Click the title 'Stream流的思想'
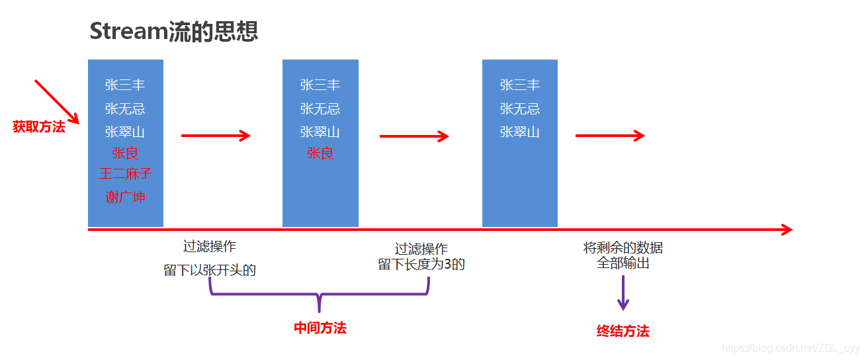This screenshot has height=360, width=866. pyautogui.click(x=173, y=30)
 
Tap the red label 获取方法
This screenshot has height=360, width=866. pyautogui.click(x=39, y=127)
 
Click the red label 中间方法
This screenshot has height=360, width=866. pyautogui.click(x=320, y=328)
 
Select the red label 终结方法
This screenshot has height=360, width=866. pyautogui.click(x=623, y=331)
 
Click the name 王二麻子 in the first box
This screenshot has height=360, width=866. pyautogui.click(x=125, y=174)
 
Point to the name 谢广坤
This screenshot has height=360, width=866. pyautogui.click(x=125, y=197)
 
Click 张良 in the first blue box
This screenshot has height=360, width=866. pyautogui.click(x=125, y=154)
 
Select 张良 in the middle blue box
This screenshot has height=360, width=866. pyautogui.click(x=320, y=154)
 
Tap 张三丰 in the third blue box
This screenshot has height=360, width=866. pyautogui.click(x=519, y=85)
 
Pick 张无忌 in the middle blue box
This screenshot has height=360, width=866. pyautogui.click(x=320, y=109)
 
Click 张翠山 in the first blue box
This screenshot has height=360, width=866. pyautogui.click(x=125, y=132)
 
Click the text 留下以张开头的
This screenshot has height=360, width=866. pyautogui.click(x=210, y=270)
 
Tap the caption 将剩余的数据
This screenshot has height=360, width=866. pyautogui.click(x=623, y=248)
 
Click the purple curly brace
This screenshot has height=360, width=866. pyautogui.click(x=320, y=295)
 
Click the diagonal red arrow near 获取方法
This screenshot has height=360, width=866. pyautogui.click(x=56, y=101)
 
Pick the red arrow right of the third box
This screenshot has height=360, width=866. pyautogui.click(x=609, y=136)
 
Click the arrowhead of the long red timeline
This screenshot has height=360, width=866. pyautogui.click(x=786, y=230)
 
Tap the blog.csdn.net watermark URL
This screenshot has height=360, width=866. pyautogui.click(x=791, y=348)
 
